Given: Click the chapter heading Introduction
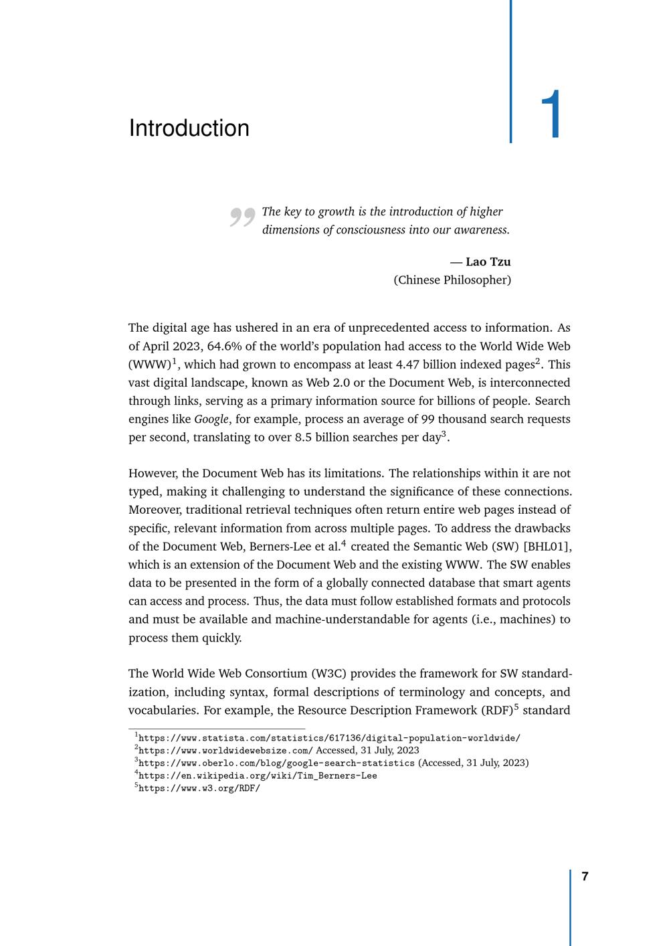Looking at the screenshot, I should pos(189,128).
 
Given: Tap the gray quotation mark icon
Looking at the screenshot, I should pos(242,217).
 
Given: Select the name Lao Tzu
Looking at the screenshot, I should pos(488,262).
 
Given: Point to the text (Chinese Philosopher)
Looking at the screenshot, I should pos(452,280).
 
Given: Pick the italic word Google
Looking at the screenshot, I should pos(211,419).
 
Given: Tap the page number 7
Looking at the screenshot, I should pos(585,876).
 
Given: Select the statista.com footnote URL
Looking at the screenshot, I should pos(329,738).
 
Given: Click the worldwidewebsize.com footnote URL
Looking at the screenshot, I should pos(225,750).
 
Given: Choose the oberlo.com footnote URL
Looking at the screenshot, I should pos(276,763).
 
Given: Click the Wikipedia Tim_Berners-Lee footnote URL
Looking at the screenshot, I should pos(258,775).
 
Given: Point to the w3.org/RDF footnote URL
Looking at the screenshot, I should pos(199,788).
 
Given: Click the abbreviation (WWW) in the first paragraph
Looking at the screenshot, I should pos(150,365).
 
